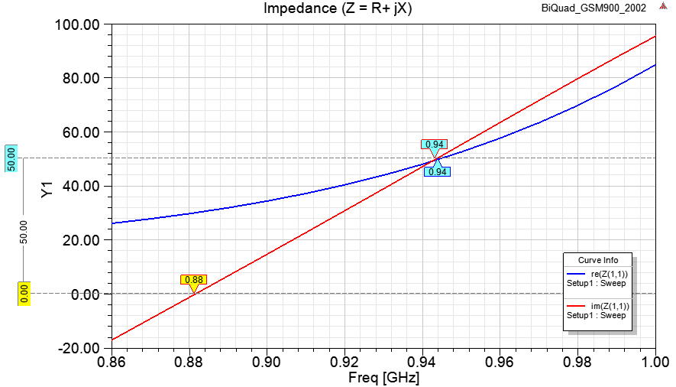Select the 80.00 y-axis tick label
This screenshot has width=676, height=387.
[81, 78]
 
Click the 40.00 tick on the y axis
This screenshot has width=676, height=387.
[81, 186]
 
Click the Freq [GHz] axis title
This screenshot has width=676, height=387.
[383, 378]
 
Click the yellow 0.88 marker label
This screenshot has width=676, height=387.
[193, 280]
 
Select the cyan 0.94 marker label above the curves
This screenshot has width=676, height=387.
[434, 145]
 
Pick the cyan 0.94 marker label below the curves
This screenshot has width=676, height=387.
[438, 172]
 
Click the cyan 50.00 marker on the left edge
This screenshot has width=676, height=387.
[11, 158]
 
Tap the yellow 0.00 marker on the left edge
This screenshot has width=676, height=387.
[24, 294]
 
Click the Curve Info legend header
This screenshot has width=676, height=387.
[597, 259]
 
